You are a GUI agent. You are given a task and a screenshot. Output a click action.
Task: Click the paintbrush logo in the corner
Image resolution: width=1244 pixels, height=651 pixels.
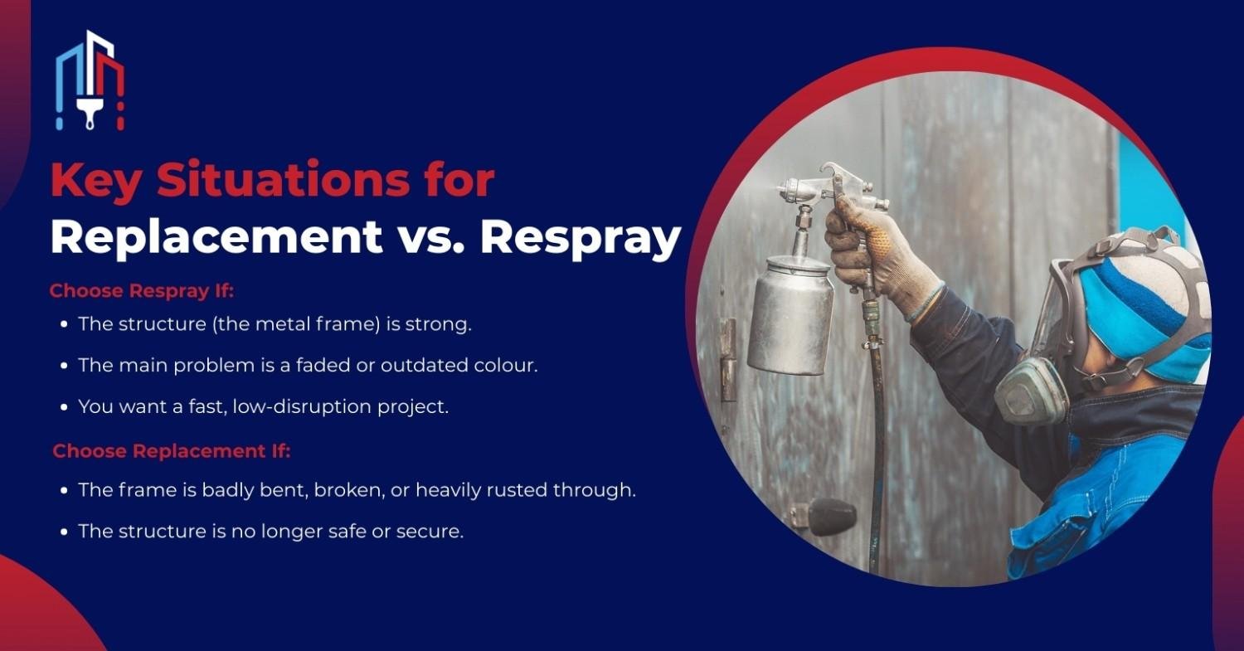tap(90, 80)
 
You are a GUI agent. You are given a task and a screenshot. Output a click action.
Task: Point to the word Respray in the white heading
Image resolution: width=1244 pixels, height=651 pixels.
tap(580, 238)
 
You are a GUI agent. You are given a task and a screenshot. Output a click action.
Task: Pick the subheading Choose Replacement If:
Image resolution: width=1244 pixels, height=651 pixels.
tap(172, 451)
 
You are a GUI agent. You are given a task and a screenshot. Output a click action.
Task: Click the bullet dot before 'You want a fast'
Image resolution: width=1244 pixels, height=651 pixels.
tap(65, 408)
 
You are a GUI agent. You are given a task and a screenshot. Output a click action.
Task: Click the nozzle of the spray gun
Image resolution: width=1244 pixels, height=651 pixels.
tap(785, 192)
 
